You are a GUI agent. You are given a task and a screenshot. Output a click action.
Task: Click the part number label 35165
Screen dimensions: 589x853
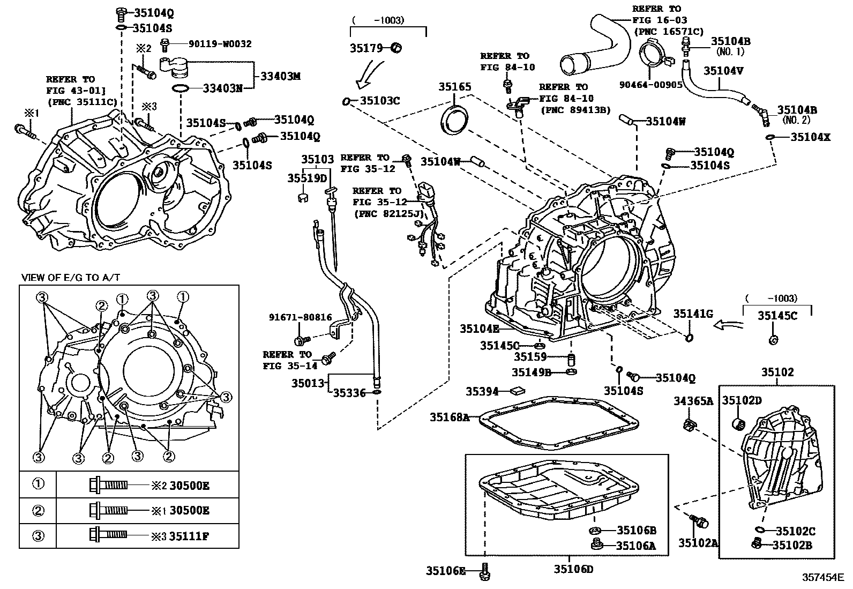click(x=455, y=86)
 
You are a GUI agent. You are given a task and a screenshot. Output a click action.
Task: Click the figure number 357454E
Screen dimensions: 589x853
click(x=822, y=578)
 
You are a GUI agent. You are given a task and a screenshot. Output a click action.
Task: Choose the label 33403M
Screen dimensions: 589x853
click(x=280, y=77)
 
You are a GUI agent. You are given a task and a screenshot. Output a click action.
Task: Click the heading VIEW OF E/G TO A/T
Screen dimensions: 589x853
click(x=71, y=277)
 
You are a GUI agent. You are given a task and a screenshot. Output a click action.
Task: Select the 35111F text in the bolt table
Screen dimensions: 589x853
click(x=189, y=535)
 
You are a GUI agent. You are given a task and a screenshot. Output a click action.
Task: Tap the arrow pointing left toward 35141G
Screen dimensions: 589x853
click(x=729, y=324)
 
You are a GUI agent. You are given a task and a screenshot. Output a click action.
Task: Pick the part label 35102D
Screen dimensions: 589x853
click(x=742, y=400)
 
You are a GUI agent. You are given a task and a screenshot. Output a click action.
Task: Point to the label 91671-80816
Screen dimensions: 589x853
click(x=300, y=317)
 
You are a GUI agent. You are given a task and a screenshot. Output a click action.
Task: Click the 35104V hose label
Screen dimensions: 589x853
click(x=723, y=70)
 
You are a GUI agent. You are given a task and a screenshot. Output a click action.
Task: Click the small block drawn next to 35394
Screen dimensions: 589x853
click(x=519, y=391)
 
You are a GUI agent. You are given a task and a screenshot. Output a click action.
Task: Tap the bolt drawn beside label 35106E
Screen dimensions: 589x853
click(x=485, y=572)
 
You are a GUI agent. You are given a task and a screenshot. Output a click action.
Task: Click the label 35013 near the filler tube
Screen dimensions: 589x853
click(x=308, y=383)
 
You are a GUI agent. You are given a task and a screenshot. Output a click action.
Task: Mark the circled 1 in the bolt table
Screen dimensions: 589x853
click(x=38, y=484)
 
